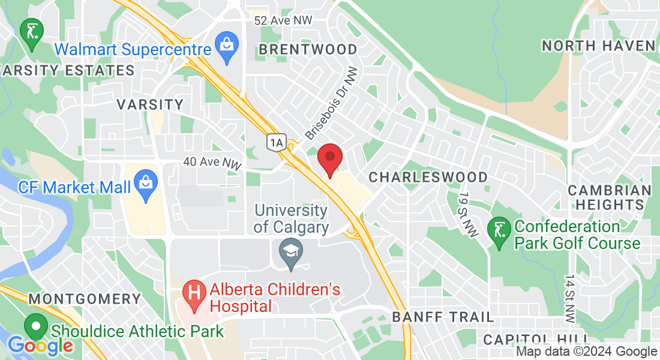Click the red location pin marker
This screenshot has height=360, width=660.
tap(329, 159)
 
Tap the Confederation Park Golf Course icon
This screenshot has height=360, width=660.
tap(499, 230)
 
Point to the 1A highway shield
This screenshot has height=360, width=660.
tap(276, 142)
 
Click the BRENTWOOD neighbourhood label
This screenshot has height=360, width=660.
tap(308, 49)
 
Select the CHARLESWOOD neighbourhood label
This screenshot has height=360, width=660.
tap(428, 177)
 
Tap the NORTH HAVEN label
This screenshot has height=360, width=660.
tap(598, 46)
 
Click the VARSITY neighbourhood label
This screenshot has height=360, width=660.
tap(150, 104)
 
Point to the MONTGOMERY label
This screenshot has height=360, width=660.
tap(85, 299)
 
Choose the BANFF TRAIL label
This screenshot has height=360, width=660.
tap(443, 317)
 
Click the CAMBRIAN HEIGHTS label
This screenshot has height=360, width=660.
tap(610, 197)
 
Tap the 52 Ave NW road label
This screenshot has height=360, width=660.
tap(283, 20)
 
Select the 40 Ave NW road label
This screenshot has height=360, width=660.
tap(212, 162)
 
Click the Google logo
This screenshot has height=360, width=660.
tap(40, 346)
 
